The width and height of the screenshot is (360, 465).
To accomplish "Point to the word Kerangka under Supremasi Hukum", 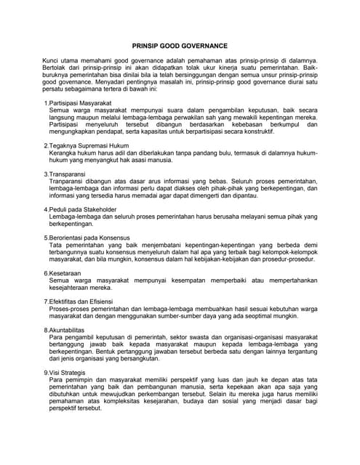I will [63, 153].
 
